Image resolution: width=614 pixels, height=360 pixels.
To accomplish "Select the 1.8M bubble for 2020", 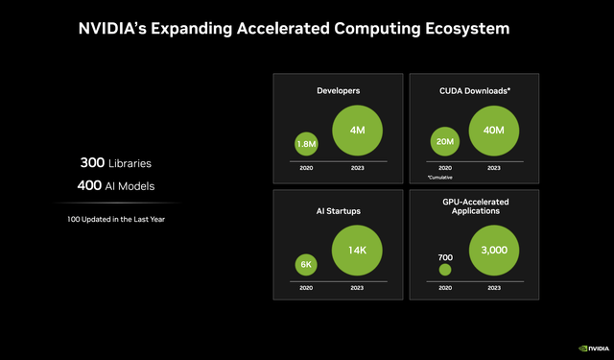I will coord(306,144).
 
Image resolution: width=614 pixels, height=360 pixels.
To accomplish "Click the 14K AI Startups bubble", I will coord(358,251).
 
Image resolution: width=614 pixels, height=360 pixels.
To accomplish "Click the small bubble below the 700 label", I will coord(444,271).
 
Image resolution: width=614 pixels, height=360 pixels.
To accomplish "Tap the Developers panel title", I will coord(338,90).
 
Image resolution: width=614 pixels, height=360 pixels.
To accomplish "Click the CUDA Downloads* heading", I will coord(474,90).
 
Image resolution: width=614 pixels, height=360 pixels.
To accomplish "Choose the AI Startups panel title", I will coord(338,208).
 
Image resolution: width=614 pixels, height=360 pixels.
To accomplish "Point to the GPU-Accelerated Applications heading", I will coord(474,204).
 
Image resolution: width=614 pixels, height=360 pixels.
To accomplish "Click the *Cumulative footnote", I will coord(439,178).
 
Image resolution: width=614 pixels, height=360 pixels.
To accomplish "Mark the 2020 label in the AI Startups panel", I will coord(306,287).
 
